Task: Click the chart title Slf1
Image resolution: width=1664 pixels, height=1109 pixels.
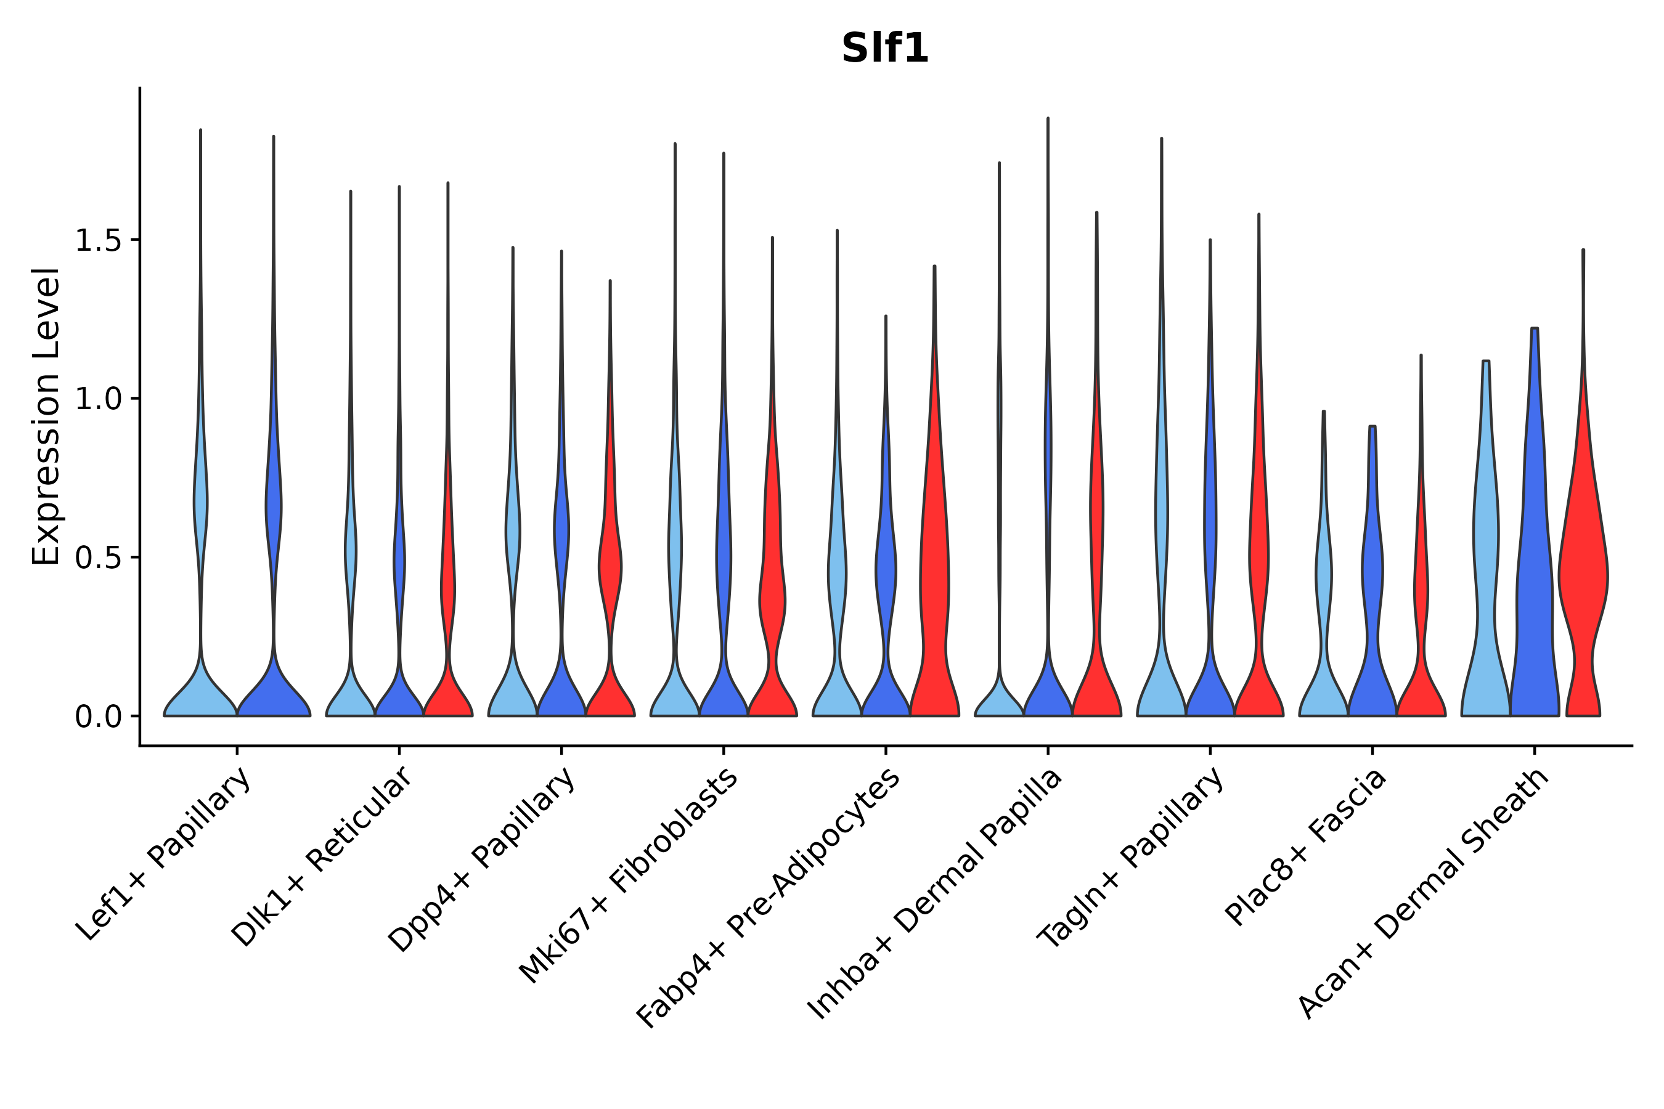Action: point(884,49)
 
